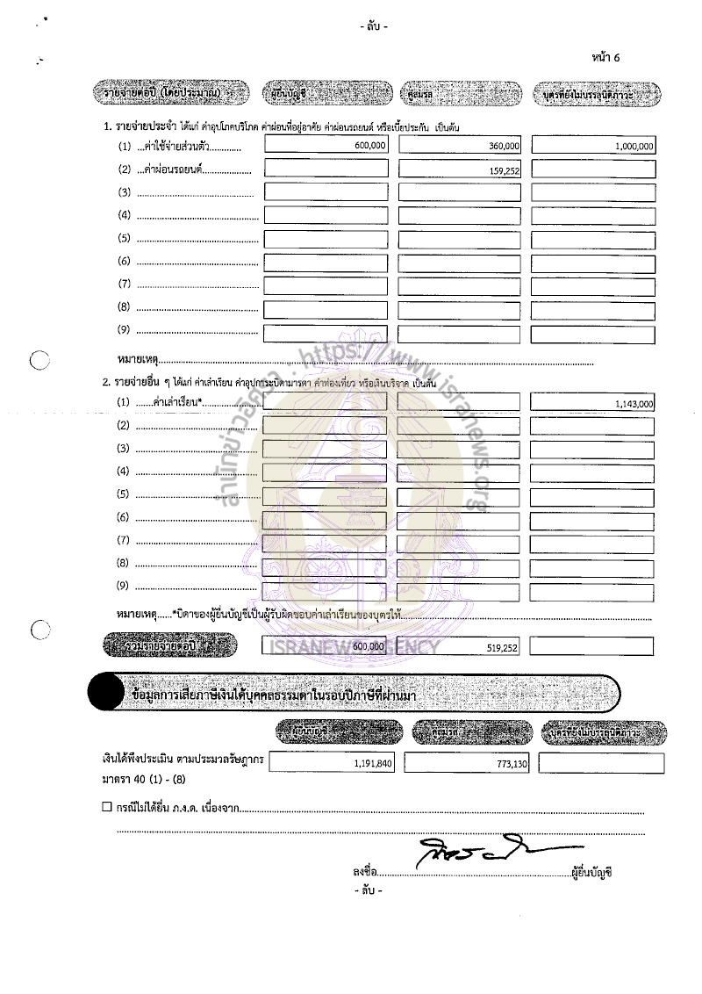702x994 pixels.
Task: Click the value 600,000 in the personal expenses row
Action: click(369, 147)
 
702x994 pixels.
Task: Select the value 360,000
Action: click(504, 147)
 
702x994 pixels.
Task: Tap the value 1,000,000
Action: click(634, 148)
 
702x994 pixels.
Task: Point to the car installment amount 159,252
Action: click(504, 172)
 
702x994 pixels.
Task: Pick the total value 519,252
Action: click(502, 647)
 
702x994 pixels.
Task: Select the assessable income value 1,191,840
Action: click(373, 765)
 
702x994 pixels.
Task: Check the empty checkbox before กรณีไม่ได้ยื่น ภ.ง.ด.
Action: click(107, 806)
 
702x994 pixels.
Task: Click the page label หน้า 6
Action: click(606, 58)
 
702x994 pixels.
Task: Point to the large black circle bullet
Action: click(104, 694)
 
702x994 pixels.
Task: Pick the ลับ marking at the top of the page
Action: click(372, 27)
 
